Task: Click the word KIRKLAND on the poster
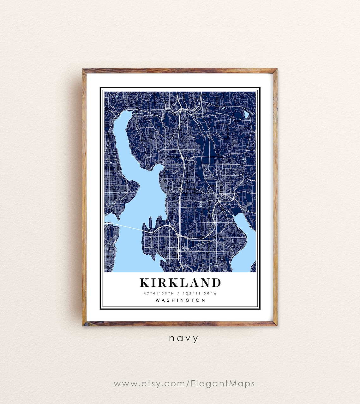tap(180, 282)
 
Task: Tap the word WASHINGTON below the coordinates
tap(180, 300)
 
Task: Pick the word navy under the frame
tap(183, 339)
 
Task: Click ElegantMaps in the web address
tap(222, 383)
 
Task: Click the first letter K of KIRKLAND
tap(145, 282)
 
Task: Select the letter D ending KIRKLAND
tap(216, 282)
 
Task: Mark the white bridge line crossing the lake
tap(126, 226)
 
